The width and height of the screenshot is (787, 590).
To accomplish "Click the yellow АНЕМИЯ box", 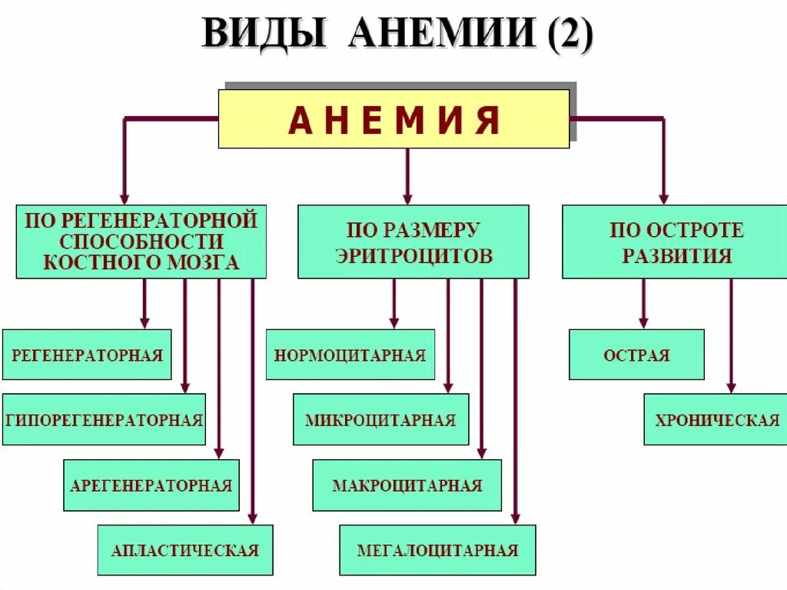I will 393,118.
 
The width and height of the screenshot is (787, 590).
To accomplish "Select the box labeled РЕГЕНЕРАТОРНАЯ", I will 87,355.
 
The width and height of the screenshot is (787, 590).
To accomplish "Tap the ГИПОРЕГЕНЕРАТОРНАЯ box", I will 104,419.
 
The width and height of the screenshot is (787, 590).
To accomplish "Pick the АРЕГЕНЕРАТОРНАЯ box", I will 151,485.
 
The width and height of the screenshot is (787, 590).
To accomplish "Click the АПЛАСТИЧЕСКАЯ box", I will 185,550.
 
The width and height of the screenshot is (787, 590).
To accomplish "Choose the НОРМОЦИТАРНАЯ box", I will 350,355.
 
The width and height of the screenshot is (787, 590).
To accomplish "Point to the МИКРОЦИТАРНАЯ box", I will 380,419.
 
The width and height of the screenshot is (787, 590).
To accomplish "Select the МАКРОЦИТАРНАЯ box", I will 407,485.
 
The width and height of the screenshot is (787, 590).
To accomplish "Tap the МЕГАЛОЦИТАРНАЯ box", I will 437,550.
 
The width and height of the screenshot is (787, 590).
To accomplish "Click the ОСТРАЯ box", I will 636,355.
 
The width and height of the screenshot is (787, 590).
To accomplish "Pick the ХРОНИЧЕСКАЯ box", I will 716,419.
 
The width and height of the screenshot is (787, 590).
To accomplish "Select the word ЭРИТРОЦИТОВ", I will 413,256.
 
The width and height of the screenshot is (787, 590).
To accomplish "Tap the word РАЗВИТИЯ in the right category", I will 676,256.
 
